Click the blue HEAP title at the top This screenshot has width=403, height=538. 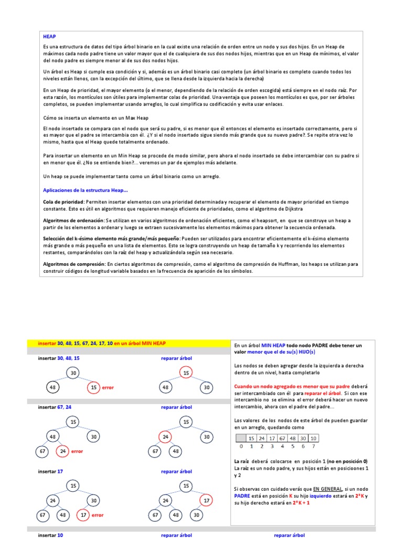[x=49, y=37]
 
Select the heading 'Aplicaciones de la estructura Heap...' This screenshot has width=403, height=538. [x=85, y=190]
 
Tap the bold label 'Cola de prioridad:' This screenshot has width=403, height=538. [x=63, y=202]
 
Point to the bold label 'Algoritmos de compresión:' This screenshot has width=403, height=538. [x=74, y=264]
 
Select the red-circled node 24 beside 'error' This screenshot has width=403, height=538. [x=62, y=451]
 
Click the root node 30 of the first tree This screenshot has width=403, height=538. [x=73, y=373]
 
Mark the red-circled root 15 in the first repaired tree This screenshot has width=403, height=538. [x=186, y=373]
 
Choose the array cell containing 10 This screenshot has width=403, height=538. [x=313, y=438]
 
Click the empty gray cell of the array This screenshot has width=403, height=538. [x=240, y=438]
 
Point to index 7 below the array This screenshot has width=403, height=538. [x=313, y=447]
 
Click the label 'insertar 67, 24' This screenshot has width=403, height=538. [x=55, y=407]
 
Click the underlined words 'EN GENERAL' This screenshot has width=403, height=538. [x=327, y=489]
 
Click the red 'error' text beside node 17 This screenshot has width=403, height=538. [x=98, y=515]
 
